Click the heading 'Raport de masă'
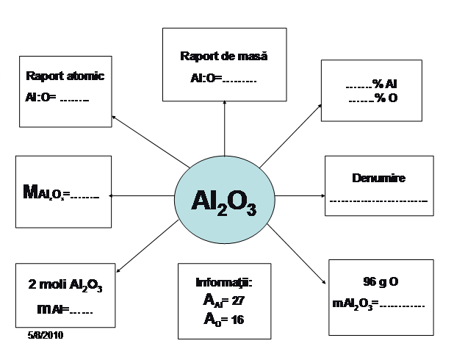coord(224,56)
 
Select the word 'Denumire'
coord(379,178)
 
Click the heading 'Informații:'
coord(224,283)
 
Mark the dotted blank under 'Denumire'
coord(379,200)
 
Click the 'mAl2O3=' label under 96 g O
coord(353,303)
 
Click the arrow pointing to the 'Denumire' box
coord(301,196)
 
